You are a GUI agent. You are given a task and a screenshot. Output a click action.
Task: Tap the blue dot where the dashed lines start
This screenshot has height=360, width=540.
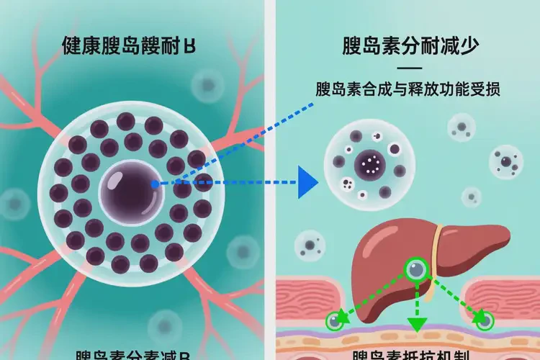pos(155,184)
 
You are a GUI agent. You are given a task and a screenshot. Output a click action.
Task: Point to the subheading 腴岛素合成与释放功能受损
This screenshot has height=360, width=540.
pos(408,91)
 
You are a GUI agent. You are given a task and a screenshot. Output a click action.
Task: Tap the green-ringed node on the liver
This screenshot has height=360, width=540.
pos(416,270)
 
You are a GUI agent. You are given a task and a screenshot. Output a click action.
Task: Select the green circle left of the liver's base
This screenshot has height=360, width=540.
pos(334,321)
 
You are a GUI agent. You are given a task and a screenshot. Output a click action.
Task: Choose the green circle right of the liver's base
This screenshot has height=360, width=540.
pos(486,321)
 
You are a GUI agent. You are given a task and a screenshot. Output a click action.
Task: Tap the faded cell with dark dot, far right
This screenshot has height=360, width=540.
pos(506,161)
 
